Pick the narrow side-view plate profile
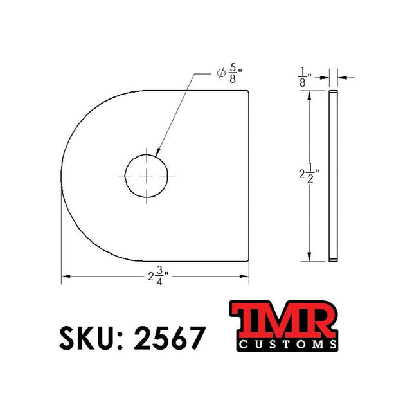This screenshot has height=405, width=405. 333,175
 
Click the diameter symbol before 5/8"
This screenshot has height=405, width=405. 221,75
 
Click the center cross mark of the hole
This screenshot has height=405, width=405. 148,175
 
